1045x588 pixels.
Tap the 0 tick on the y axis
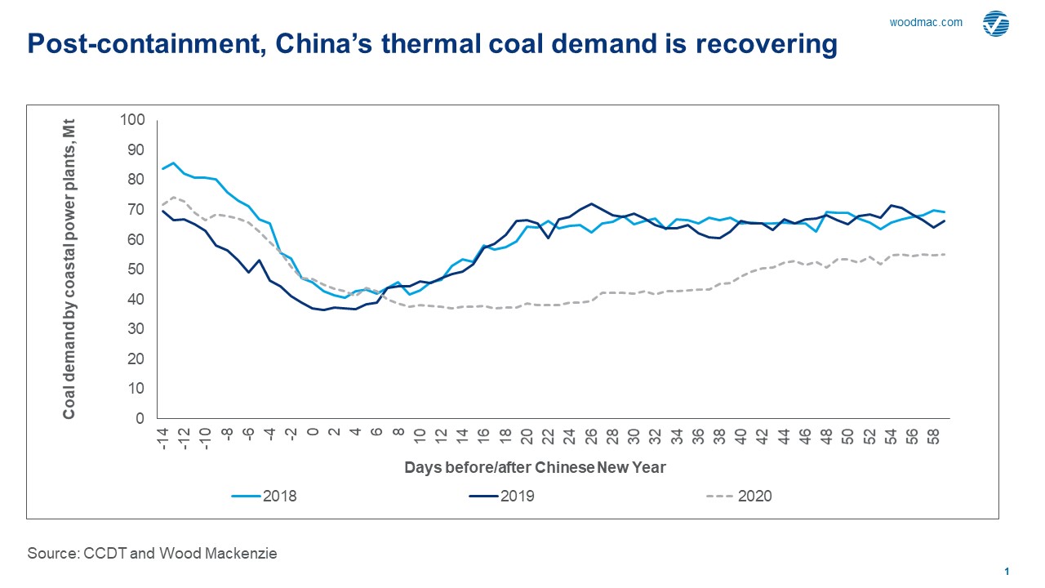(140, 419)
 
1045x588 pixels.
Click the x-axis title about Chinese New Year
(536, 468)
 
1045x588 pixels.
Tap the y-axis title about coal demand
(69, 269)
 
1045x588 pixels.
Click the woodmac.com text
(926, 23)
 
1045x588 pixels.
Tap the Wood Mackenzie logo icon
(995, 24)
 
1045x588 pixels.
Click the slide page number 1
(1007, 572)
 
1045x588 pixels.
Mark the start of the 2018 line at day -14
(162, 168)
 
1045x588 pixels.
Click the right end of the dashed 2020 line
(945, 254)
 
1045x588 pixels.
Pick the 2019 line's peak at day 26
(591, 204)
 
